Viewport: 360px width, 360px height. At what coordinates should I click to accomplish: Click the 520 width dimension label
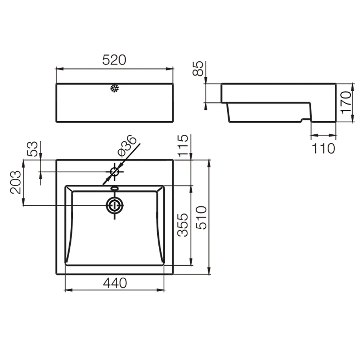[114, 60]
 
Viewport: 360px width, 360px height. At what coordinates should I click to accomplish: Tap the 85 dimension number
[198, 68]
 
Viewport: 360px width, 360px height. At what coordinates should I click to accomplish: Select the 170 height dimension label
[346, 103]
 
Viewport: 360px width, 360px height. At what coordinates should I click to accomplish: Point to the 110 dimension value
[324, 148]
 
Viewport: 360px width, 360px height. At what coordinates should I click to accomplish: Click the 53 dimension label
[32, 149]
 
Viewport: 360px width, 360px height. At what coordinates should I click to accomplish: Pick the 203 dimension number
[16, 182]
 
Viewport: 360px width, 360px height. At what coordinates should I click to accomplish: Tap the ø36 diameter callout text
[126, 146]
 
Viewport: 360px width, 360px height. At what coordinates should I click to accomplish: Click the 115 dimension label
[183, 146]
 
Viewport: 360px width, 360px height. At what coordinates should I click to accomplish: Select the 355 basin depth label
[183, 225]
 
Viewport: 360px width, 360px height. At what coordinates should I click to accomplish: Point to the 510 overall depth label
[201, 218]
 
